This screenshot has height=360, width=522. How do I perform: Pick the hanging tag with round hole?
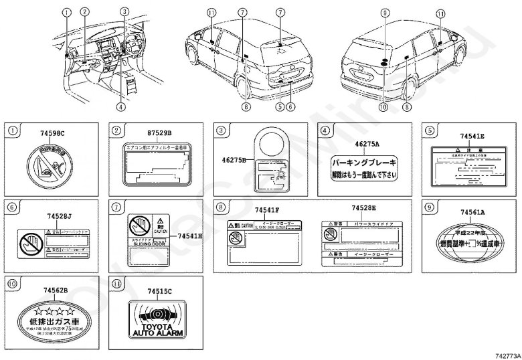[x=274, y=161]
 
